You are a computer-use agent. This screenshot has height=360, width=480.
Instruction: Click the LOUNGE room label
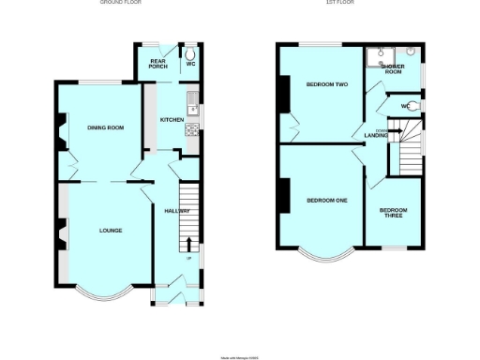click(111, 230)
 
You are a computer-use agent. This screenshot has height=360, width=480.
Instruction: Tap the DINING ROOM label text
click(106, 127)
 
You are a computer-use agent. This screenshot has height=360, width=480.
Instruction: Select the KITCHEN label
click(172, 120)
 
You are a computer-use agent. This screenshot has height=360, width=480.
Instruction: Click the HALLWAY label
click(177, 211)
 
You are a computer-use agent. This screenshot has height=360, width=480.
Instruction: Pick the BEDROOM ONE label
click(322, 200)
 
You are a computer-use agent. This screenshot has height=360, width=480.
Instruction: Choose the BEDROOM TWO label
click(327, 84)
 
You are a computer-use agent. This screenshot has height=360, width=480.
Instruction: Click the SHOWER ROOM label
click(392, 69)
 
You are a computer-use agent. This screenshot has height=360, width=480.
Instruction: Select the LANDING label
click(377, 137)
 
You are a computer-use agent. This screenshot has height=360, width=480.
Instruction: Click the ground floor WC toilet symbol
click(188, 54)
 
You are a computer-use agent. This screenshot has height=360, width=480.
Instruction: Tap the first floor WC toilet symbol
click(413, 106)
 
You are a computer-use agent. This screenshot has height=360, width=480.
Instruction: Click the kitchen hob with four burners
click(193, 129)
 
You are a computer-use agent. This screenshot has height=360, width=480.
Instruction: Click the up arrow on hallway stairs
click(189, 246)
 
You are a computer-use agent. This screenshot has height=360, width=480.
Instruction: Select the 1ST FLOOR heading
click(335, 3)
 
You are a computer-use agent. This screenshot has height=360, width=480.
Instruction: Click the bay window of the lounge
click(102, 290)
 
